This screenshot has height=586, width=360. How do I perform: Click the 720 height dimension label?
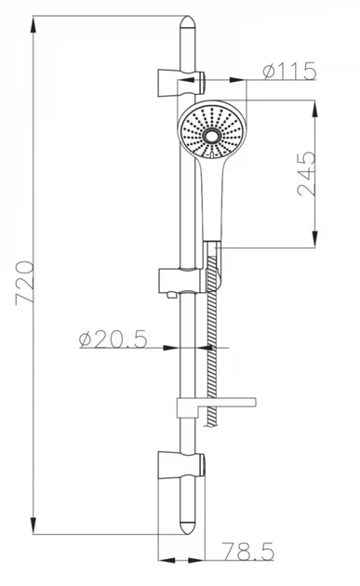pos(25,284)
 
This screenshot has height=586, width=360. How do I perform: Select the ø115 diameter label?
pos(289,71)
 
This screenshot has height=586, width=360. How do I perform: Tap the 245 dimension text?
pos(307,174)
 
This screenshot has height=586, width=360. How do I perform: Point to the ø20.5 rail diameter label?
pos(113,340)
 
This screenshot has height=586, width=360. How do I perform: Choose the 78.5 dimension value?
pos(248,552)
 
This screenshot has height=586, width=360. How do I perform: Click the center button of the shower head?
pos(212,136)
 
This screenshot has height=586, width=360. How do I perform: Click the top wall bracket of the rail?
pos(181,83)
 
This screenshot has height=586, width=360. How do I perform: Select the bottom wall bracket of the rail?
pos(181,466)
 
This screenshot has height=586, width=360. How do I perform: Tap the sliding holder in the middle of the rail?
pos(182,281)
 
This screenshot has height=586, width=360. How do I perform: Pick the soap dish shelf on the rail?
pos(216,406)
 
